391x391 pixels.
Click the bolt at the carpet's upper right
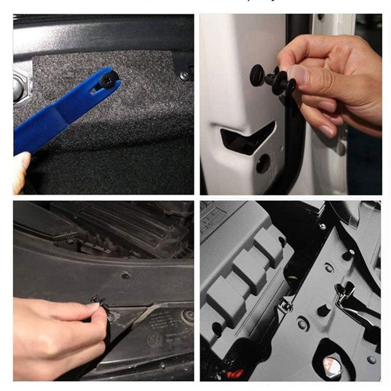(184, 76)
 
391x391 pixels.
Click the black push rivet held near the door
(271, 78)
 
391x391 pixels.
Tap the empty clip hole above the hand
(126, 275)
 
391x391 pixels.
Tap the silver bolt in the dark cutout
(332, 363)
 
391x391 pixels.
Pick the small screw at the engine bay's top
(323, 226)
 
